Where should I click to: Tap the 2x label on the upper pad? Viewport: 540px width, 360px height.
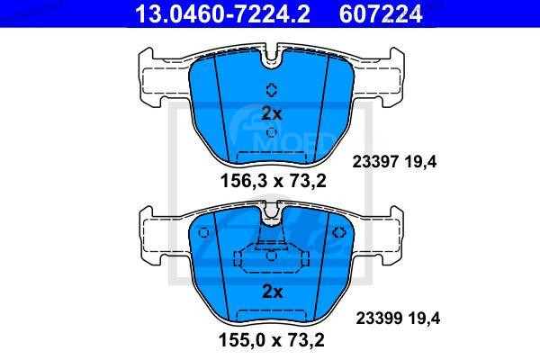tap(271, 113)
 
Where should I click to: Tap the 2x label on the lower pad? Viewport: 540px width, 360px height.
tap(271, 292)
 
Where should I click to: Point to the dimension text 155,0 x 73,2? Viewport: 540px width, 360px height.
tap(273, 343)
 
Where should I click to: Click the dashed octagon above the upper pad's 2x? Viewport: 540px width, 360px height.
tap(271, 88)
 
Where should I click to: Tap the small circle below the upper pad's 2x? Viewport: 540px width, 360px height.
tap(271, 132)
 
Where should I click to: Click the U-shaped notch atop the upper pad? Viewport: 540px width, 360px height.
tap(271, 59)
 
